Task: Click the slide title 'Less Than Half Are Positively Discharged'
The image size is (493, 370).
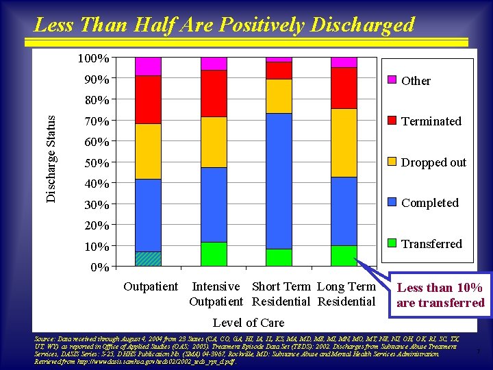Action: [224, 25]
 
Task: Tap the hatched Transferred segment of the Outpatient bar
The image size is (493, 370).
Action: [148, 259]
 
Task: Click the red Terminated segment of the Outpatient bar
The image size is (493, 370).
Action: [148, 99]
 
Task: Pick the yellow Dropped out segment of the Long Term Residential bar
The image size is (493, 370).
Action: [344, 143]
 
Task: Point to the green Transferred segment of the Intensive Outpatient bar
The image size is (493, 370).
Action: [214, 254]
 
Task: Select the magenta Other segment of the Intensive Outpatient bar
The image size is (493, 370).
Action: [214, 64]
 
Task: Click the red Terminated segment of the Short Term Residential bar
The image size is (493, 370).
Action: [279, 71]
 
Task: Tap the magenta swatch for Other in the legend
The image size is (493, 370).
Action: [392, 80]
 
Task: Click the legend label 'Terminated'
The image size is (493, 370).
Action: [431, 121]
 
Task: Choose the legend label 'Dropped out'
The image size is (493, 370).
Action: [433, 162]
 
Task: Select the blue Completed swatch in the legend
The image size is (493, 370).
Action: [392, 203]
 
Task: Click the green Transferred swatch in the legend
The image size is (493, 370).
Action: [392, 243]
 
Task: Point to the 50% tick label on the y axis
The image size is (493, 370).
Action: [97, 163]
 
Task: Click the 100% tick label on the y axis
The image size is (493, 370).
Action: [94, 59]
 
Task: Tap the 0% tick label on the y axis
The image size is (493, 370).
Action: [99, 267]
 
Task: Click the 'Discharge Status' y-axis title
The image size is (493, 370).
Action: [52, 158]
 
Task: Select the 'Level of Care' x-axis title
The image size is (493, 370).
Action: [248, 322]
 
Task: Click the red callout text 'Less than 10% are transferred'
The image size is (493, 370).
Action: [440, 295]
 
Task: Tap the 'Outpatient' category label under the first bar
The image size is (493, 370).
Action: [151, 286]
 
